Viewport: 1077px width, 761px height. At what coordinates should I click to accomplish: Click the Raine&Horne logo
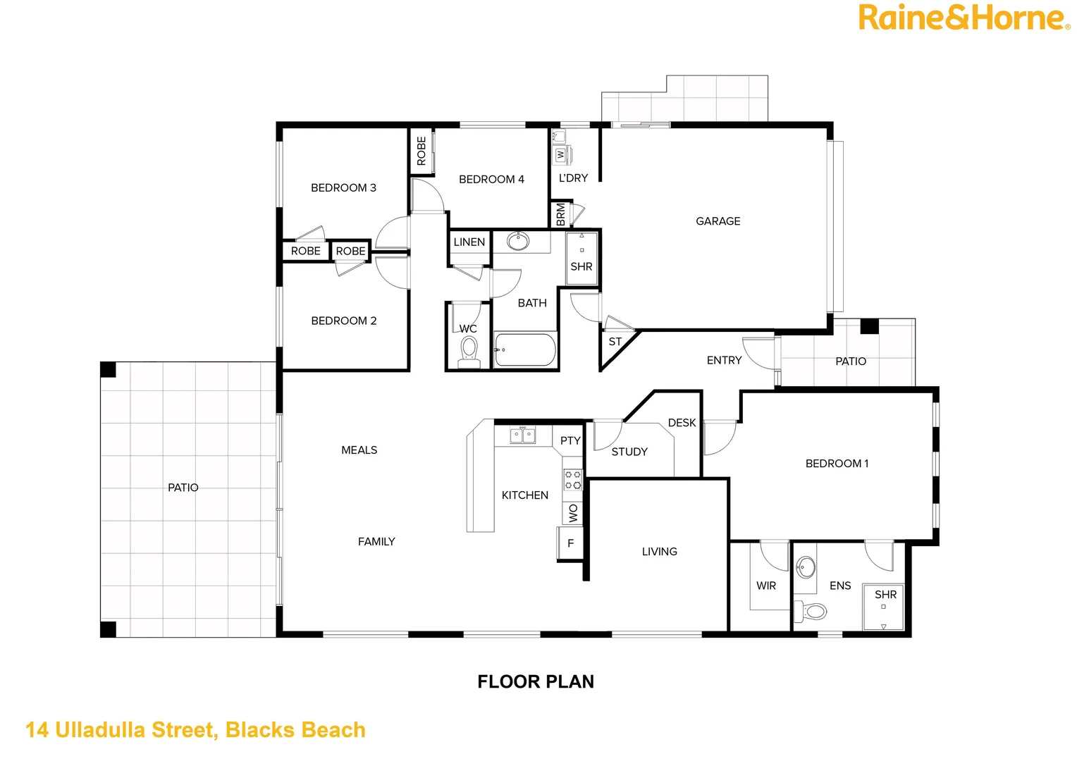tap(963, 18)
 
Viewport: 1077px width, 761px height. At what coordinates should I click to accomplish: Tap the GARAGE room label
tap(718, 221)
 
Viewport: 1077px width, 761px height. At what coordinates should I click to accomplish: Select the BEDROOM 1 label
tap(837, 464)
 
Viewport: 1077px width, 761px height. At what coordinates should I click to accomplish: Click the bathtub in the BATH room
tap(525, 349)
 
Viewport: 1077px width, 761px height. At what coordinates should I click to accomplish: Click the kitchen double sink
tap(522, 435)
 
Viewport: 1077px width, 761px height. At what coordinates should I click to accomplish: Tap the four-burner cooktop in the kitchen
tap(572, 480)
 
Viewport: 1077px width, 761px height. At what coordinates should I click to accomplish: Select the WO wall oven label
tap(573, 513)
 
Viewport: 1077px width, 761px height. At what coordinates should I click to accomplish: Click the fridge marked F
tap(570, 543)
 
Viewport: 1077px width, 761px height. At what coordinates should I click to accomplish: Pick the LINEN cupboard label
tap(469, 242)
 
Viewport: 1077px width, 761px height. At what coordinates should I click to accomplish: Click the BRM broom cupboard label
tap(560, 214)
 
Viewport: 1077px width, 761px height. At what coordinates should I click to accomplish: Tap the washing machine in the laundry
tap(561, 154)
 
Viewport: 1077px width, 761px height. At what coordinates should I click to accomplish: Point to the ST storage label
tap(615, 342)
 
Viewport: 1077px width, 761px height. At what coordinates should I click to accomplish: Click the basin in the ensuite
tap(806, 566)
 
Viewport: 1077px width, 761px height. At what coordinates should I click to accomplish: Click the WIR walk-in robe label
tap(765, 586)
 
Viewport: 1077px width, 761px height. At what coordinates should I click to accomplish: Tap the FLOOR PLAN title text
tap(535, 681)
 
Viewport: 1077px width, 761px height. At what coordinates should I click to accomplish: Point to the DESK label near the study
tap(681, 423)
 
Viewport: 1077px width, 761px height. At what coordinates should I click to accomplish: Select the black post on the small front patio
tap(869, 326)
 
